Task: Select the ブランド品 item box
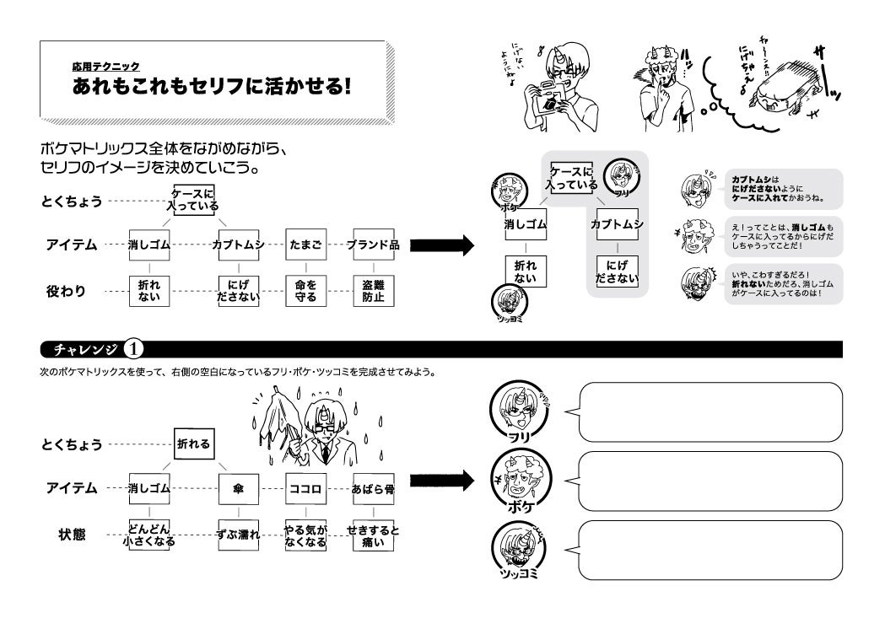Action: pos(373,245)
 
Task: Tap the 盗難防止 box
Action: pos(373,290)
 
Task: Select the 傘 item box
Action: pos(239,487)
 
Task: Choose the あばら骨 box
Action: pos(373,487)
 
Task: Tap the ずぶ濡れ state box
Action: pos(239,535)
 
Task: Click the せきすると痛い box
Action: pos(373,535)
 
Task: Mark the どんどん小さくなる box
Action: pos(149,535)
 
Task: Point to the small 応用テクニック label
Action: pos(105,66)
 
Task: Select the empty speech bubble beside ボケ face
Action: pos(710,481)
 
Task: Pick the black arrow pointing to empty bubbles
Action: pos(439,481)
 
